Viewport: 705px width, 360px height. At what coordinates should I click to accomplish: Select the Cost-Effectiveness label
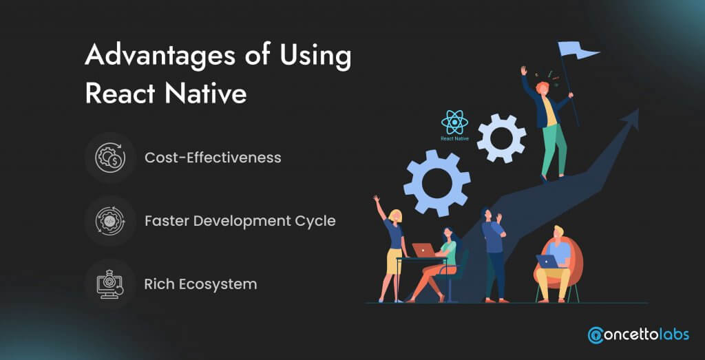213,158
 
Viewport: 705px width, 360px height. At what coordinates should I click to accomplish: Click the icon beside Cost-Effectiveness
110,158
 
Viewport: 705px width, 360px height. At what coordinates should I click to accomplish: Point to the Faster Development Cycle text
240,221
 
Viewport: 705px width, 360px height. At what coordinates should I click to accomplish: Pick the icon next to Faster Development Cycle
110,221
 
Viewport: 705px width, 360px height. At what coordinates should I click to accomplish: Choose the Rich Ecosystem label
200,284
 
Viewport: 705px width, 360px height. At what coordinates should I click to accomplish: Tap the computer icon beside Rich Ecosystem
110,284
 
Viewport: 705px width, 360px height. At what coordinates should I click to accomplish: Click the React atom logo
454,123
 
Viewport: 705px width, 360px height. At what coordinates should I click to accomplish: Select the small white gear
501,138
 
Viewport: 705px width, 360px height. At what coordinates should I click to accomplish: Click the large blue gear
436,183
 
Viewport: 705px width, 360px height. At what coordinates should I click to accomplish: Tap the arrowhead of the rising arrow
629,119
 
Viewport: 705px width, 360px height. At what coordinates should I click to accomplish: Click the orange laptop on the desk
424,251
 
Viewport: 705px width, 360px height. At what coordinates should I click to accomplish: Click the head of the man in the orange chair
558,233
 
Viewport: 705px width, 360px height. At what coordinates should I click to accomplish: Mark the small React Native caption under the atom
454,139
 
